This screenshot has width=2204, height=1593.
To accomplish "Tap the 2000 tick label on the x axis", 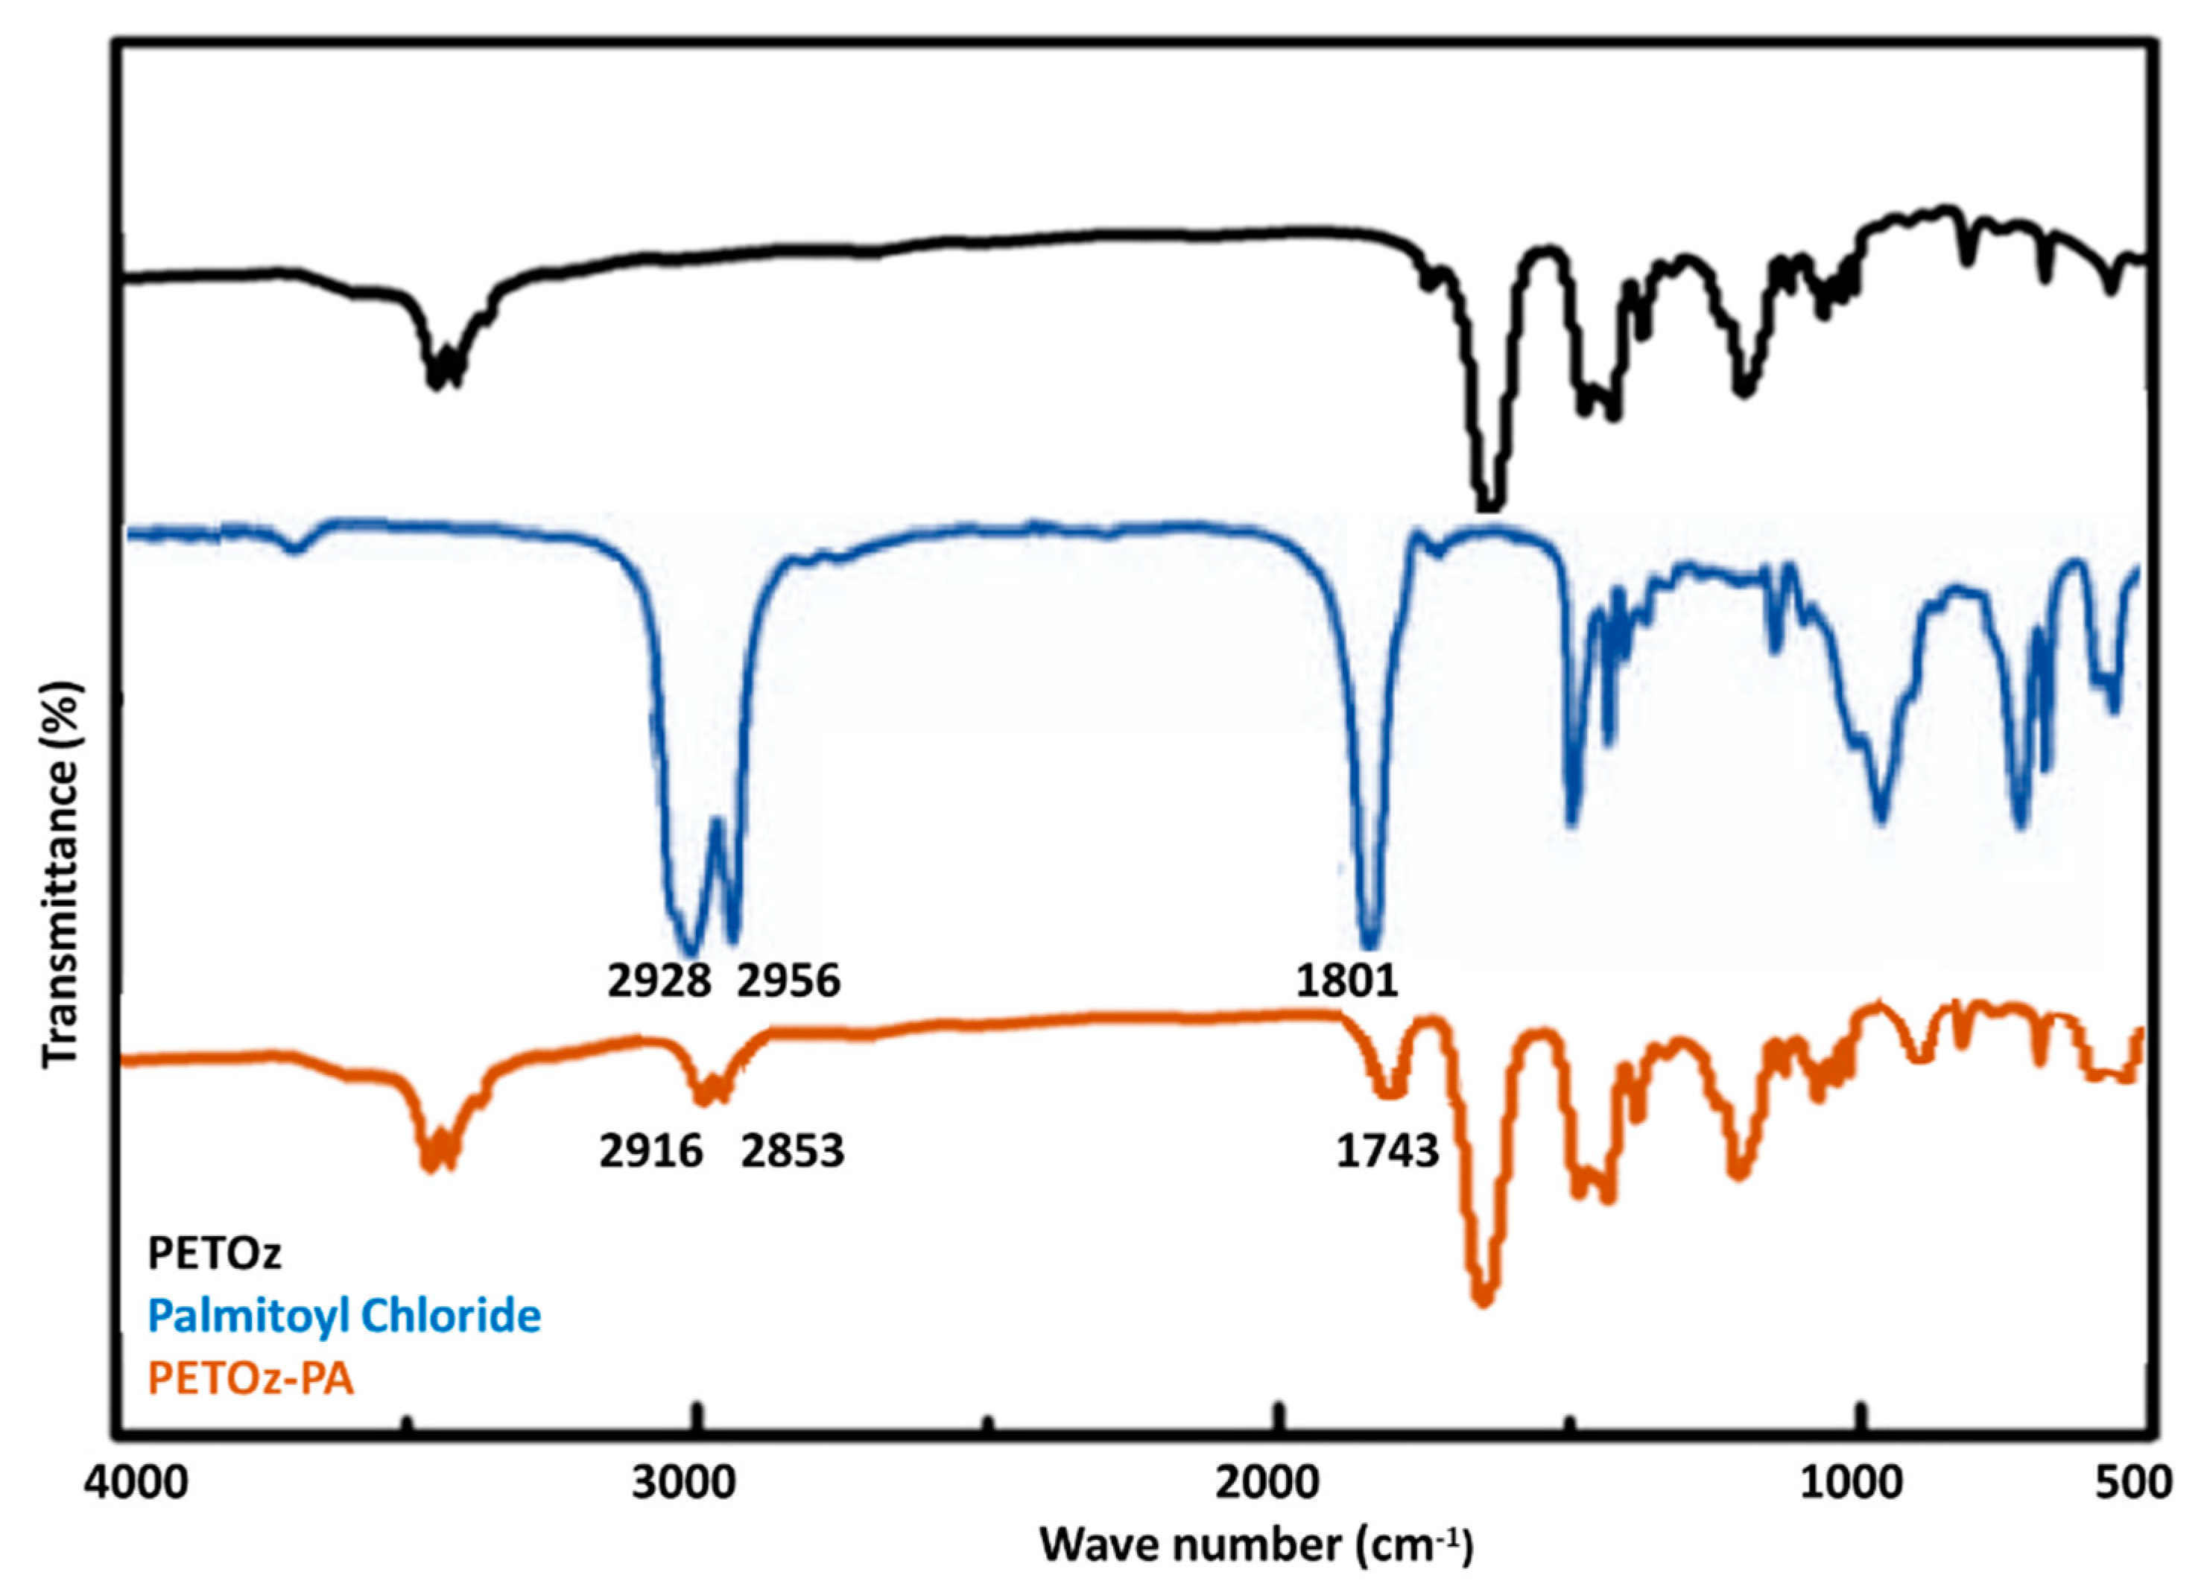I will coord(1274,1483).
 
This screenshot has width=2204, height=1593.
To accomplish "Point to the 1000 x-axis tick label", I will coord(1852,1483).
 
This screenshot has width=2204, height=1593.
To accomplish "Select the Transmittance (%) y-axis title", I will coord(60,874).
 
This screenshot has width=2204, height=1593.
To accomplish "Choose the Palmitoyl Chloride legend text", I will coord(344,1316).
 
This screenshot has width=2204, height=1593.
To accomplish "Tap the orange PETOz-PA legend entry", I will coord(250,1378).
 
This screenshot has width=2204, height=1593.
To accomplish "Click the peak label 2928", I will coord(659,981).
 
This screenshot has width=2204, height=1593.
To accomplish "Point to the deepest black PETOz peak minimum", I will coord(1489,504).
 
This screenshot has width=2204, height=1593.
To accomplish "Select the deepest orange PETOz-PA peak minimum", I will coord(1483,1299).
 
